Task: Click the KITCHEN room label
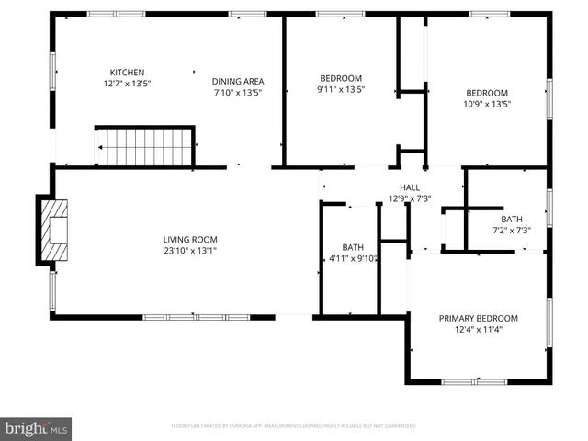(127, 73)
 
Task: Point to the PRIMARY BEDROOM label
(478, 318)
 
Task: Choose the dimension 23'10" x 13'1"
(190, 251)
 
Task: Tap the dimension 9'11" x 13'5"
(340, 90)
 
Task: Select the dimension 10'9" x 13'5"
(486, 104)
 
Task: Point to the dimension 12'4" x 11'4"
(478, 330)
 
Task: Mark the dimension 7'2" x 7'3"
(512, 231)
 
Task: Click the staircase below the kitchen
(145, 147)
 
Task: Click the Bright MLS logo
(37, 427)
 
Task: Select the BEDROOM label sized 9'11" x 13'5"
(340, 78)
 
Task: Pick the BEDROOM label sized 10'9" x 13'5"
(486, 92)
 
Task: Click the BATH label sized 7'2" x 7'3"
(512, 219)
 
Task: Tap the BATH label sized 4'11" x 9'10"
(353, 247)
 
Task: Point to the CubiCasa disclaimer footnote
(293, 426)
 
